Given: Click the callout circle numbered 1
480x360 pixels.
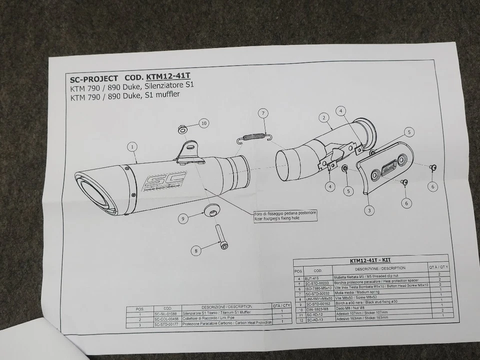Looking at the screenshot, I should pyautogui.click(x=132, y=147).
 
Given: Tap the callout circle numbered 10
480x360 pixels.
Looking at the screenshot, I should pyautogui.click(x=203, y=122).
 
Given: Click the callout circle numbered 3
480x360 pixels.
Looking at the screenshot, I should pyautogui.click(x=369, y=210).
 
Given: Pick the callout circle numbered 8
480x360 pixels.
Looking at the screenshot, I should pyautogui.click(x=195, y=250).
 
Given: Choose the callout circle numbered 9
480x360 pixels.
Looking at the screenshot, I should pyautogui.click(x=183, y=218).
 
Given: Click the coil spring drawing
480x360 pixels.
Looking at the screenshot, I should pyautogui.click(x=254, y=135).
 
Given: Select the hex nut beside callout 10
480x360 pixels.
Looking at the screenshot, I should pyautogui.click(x=182, y=130).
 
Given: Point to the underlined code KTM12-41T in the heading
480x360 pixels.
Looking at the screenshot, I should pyautogui.click(x=168, y=77).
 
